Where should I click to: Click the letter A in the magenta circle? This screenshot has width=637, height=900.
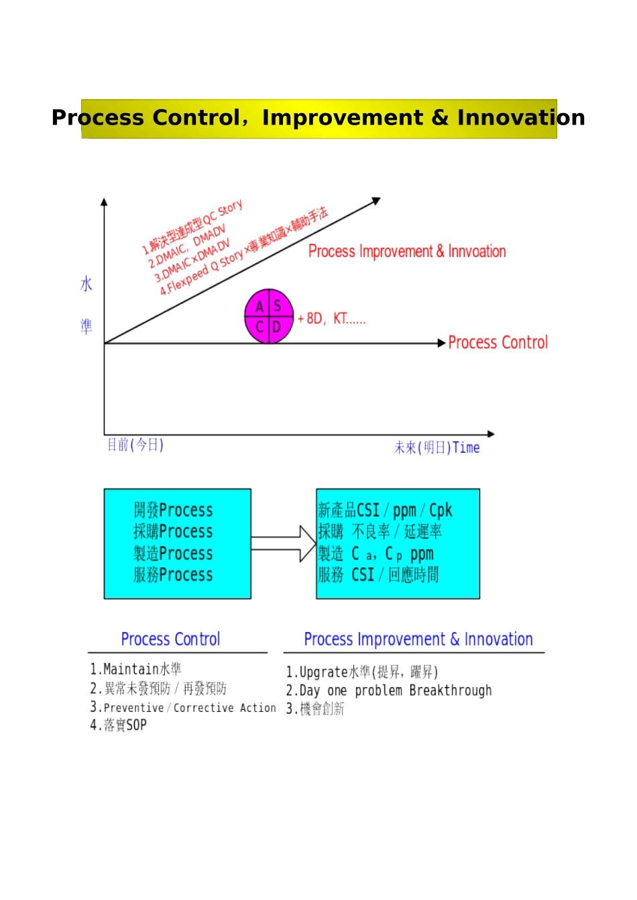point(259,307)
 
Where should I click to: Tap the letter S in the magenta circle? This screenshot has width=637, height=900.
point(277,307)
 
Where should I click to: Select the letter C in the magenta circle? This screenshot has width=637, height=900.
point(259,328)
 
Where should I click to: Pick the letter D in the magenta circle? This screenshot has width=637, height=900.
point(276,328)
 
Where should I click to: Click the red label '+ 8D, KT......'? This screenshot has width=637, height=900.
point(332,319)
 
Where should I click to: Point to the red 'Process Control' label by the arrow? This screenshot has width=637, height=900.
point(498,343)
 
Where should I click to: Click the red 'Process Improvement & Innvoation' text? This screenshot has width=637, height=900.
point(407,252)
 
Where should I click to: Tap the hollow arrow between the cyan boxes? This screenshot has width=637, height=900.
point(284,543)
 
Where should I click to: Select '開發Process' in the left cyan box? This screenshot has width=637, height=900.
point(173,510)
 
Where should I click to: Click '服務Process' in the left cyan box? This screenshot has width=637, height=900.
point(173,575)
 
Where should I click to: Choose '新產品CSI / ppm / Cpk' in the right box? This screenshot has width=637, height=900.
point(385,511)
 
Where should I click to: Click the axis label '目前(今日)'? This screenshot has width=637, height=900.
point(135,445)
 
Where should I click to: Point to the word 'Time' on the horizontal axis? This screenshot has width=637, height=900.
point(466,448)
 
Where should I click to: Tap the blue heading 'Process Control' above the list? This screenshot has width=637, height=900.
point(170,640)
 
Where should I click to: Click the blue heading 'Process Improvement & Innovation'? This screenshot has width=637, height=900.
point(418,640)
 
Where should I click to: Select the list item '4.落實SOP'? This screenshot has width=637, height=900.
point(119,725)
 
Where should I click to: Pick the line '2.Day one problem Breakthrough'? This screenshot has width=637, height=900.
point(389,691)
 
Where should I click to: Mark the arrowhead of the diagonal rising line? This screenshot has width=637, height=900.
point(376,200)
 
